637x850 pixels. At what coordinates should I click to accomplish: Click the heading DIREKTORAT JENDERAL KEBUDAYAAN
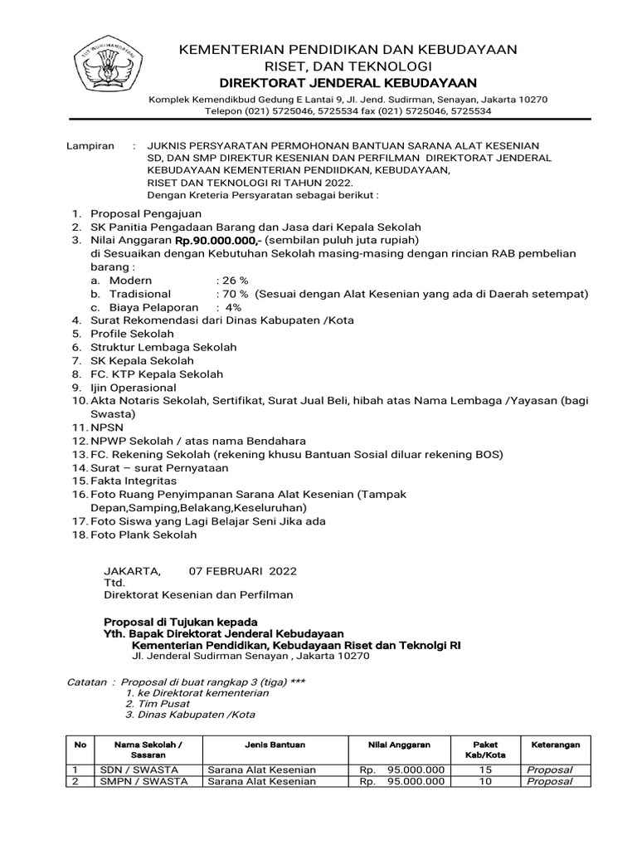[348, 83]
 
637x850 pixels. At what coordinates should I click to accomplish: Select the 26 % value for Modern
[232, 281]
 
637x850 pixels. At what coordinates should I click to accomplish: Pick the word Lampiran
[90, 145]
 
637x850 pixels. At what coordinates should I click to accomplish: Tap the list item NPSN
[107, 427]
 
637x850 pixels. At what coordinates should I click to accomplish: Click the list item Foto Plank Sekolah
[143, 535]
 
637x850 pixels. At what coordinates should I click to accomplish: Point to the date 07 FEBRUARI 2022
[243, 571]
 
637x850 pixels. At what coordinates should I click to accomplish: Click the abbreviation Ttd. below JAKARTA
[114, 583]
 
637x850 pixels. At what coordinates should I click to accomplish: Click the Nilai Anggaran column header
[395, 745]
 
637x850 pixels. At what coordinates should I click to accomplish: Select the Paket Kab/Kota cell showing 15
[485, 769]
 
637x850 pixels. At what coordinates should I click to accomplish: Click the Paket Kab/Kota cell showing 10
[485, 781]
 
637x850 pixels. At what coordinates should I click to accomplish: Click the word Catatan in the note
[86, 681]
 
